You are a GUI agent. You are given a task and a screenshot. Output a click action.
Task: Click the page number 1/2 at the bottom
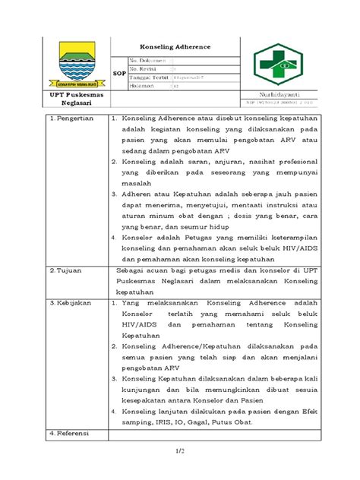coord(180,453)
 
